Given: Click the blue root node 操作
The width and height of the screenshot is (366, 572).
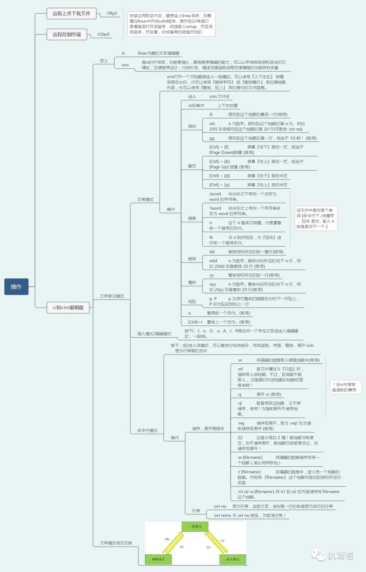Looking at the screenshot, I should pos(16,287).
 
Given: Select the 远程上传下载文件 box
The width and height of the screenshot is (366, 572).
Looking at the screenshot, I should pos(72,14).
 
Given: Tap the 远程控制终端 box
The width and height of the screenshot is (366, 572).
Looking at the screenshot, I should pos(67,34).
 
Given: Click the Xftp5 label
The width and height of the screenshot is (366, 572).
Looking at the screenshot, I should pos(112,14).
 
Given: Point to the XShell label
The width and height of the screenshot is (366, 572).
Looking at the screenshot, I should pos(103,34).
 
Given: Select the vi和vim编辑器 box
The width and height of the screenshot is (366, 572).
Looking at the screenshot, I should pos(68,308).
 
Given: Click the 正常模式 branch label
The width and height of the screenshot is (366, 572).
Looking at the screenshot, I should pos(145,199).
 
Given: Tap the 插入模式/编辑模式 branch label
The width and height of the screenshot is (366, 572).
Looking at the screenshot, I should pos(154,334).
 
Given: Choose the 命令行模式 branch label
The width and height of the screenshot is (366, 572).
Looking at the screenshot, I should pos(147,430).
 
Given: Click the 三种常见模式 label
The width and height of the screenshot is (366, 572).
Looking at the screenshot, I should pos(112,296).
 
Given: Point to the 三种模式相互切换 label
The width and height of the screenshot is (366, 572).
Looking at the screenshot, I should pos(116,543).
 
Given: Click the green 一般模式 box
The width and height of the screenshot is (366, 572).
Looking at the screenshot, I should pos(195,527).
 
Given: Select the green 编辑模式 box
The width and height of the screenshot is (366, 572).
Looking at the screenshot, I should pos(158,559).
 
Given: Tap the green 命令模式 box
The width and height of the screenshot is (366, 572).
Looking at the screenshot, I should pos(232,559).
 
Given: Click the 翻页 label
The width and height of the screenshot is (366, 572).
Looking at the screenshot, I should pos(192,166).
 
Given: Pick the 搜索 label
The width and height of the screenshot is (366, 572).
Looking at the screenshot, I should pos(192,218).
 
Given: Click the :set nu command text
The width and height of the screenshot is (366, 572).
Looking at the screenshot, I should pos(220,506).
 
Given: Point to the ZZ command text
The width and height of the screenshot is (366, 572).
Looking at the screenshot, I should pos(240,438).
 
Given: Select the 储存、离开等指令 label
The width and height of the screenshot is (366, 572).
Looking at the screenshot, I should pos(208,429).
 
